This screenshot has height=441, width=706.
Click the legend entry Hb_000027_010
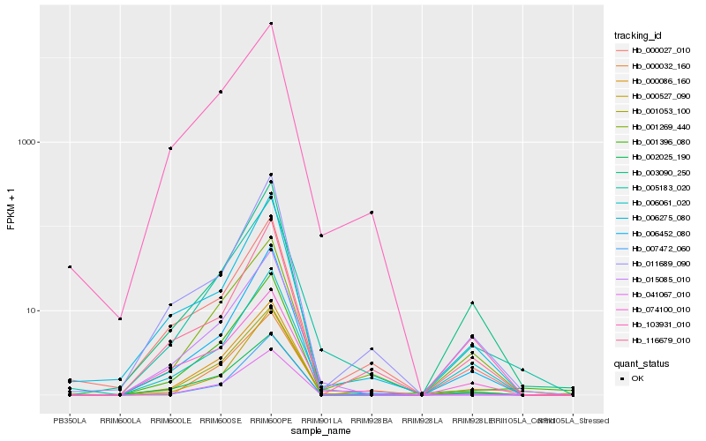(x=654, y=50)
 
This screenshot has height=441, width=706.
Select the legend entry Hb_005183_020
(x=654, y=187)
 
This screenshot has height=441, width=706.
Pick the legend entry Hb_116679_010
(x=654, y=340)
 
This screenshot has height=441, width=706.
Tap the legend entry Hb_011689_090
(x=654, y=263)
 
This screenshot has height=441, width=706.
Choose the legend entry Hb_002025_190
(x=654, y=157)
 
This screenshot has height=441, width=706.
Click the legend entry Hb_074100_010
(x=654, y=309)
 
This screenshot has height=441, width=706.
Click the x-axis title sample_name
(x=321, y=431)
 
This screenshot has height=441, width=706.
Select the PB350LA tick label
(x=70, y=421)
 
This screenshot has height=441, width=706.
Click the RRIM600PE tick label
(x=271, y=421)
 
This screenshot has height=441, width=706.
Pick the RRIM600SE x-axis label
(x=221, y=421)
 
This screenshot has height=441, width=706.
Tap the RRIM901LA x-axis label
(x=321, y=421)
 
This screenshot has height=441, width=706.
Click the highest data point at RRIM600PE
(x=271, y=23)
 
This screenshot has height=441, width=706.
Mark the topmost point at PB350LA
(x=70, y=266)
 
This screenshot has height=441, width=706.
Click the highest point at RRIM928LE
(x=472, y=303)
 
